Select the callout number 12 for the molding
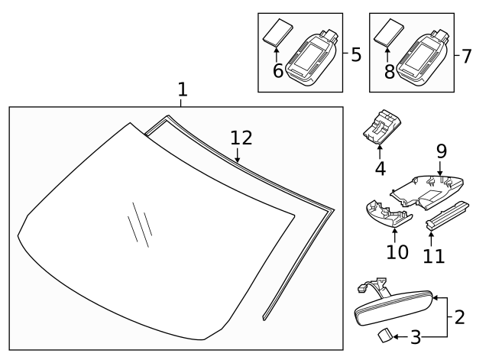[241, 138]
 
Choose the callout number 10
[397, 251]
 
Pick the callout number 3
[416, 336]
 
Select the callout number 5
[355, 54]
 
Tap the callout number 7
[468, 56]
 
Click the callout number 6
[279, 70]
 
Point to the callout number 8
[389, 70]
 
